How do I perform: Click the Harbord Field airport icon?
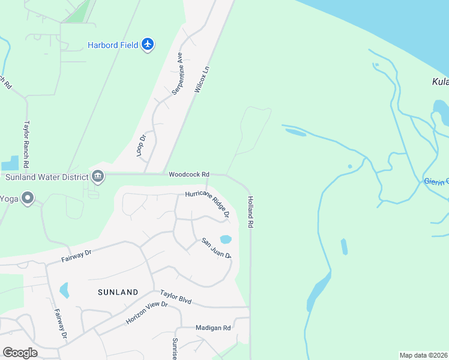(148, 44)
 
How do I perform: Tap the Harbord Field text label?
(113, 45)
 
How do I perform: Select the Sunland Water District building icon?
(97, 176)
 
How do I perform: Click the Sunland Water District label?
(46, 177)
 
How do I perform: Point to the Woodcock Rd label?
(188, 175)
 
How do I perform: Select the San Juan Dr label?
(217, 247)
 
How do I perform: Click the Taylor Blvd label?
(176, 297)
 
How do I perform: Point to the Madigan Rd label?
(213, 328)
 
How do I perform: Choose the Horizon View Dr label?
(146, 313)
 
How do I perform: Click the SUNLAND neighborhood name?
(118, 292)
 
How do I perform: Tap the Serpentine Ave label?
(177, 73)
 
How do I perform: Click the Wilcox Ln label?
(203, 79)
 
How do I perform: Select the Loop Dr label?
(142, 146)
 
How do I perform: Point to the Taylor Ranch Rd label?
(26, 143)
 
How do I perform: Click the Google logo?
(20, 353)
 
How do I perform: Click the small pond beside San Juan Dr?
(226, 239)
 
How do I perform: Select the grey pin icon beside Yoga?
(26, 198)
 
